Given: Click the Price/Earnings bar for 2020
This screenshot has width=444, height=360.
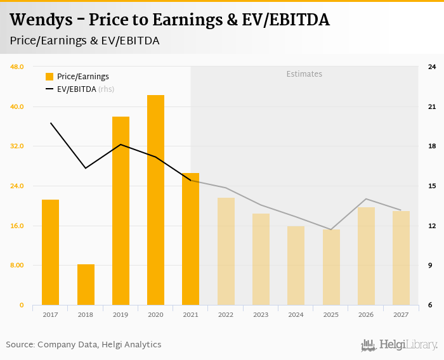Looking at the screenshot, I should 155,200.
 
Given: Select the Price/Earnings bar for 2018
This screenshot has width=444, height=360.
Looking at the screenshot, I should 86,285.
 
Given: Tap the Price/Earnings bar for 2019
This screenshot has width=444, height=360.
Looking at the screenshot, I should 121,211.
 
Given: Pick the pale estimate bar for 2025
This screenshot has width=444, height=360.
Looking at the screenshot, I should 331,267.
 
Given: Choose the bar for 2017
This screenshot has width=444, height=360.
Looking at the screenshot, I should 51,252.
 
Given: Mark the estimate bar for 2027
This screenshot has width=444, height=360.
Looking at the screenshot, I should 401,258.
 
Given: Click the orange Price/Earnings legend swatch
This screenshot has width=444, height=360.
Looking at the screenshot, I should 49,77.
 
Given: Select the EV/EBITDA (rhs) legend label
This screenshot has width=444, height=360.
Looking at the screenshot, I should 86,89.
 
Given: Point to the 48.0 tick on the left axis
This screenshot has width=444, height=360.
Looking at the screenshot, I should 17,67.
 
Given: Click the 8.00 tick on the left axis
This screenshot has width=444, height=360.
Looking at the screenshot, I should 17,266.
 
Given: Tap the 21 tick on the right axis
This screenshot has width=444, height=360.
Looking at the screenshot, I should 431,106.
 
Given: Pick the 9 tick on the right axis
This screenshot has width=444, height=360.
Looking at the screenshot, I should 431,266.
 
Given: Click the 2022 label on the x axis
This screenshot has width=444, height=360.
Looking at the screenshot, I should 226,314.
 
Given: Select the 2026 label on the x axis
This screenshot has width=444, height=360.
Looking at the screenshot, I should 366,314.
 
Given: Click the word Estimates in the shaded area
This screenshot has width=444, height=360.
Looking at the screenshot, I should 304,74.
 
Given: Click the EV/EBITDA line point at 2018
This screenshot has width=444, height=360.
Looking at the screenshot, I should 86,168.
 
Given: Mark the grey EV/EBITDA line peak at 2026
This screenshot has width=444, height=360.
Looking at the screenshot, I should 366,199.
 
